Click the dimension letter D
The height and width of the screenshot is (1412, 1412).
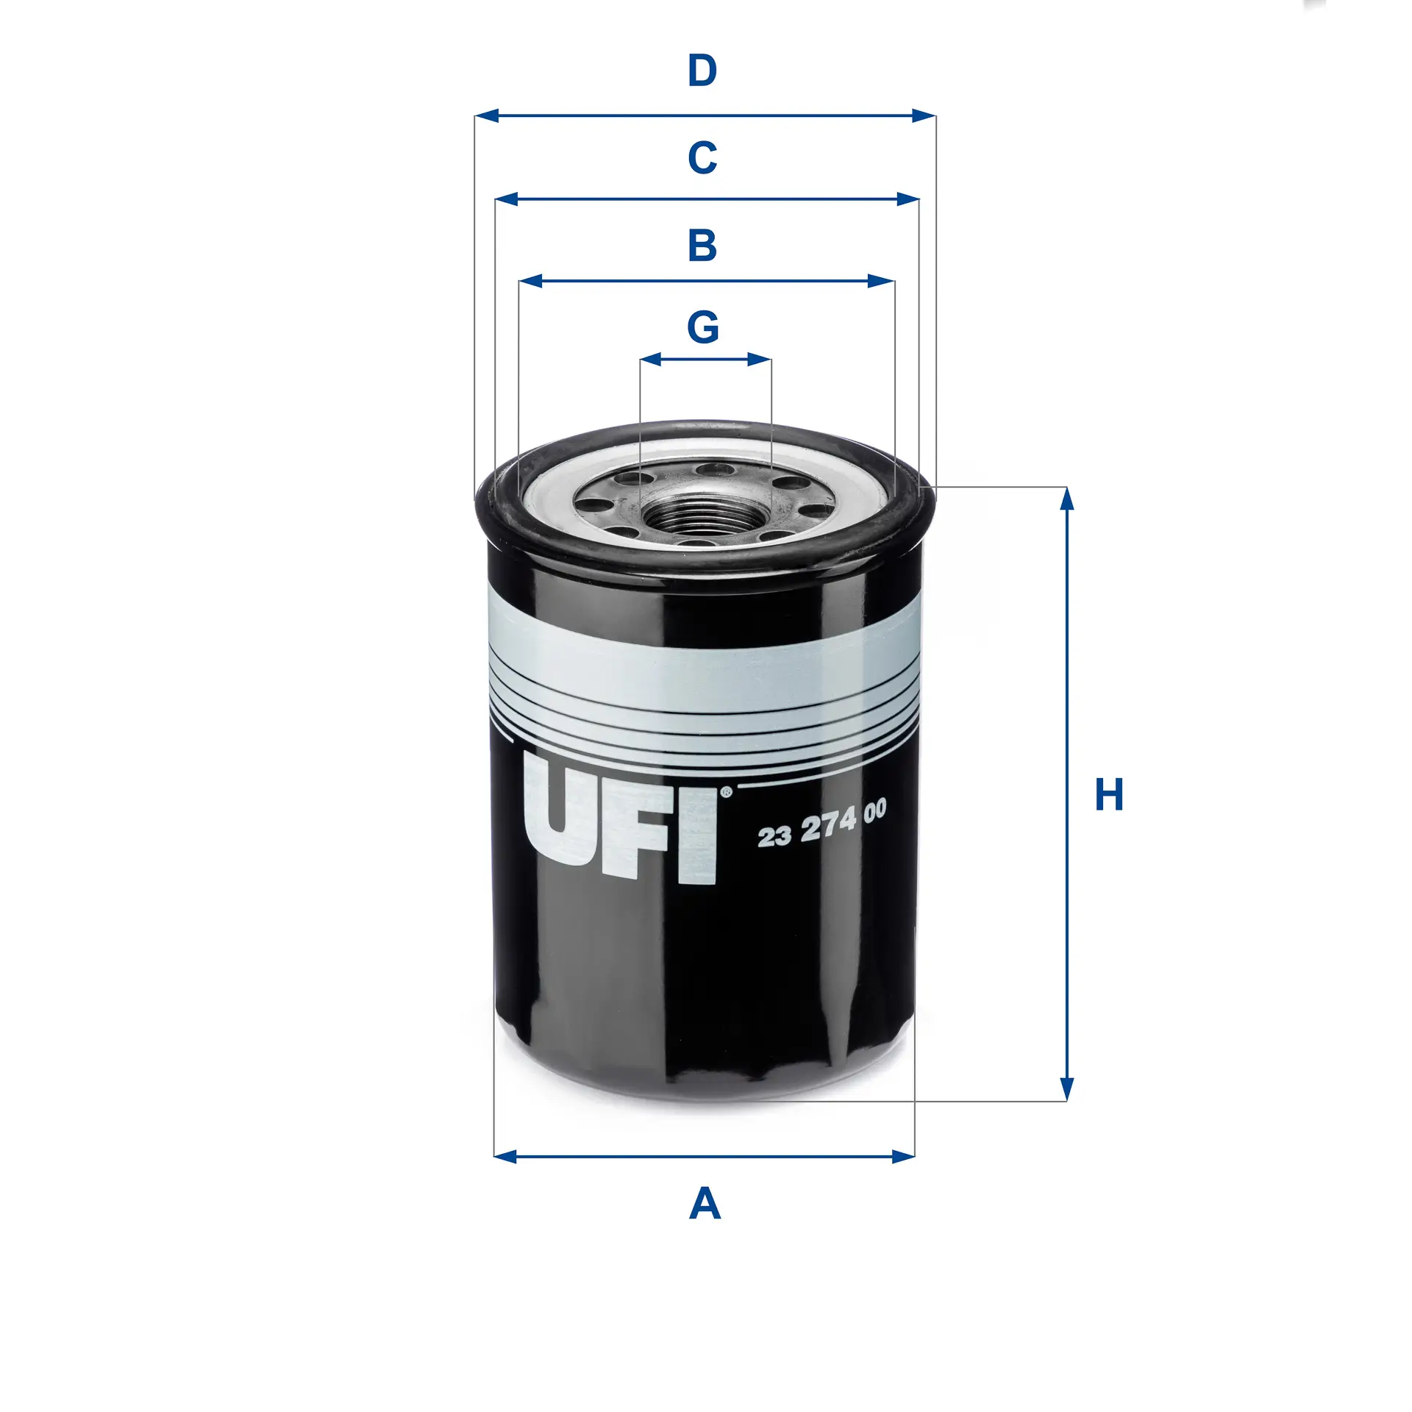(702, 71)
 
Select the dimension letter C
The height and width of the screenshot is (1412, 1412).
(702, 158)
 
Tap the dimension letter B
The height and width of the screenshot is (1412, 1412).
(702, 246)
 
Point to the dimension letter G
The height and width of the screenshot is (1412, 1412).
(703, 327)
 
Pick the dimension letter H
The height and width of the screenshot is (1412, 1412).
(1109, 795)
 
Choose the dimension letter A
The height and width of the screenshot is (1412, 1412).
(705, 1205)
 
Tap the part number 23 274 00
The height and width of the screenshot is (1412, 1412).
(821, 824)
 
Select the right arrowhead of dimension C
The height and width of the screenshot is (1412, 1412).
(908, 199)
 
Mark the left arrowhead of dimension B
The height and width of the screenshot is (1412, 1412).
(530, 281)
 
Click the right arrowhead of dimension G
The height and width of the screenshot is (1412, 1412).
(760, 360)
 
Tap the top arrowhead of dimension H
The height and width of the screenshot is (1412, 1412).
(1067, 498)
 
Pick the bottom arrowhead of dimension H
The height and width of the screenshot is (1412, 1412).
(1067, 1091)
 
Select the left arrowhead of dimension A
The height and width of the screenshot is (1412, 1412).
(505, 1157)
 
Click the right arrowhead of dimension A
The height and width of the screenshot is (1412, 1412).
(904, 1157)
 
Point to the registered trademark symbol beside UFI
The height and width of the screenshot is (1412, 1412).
(726, 792)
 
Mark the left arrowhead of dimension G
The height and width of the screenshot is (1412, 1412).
(651, 360)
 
